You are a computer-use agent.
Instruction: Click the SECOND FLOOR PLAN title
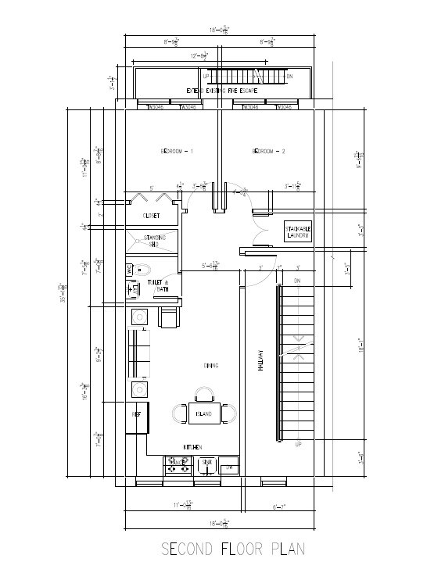click(233, 549)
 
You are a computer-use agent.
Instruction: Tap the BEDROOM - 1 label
click(177, 151)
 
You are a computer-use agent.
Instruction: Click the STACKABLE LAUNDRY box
click(297, 232)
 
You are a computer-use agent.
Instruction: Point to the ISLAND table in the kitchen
click(203, 413)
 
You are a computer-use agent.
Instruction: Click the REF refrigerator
click(136, 417)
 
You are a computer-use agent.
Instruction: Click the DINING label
click(210, 365)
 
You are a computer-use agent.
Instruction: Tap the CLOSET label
click(152, 215)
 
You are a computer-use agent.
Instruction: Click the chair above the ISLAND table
click(203, 394)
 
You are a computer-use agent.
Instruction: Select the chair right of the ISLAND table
click(228, 413)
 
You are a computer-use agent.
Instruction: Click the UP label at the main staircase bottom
click(298, 444)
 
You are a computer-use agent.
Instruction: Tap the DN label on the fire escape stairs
click(289, 77)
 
